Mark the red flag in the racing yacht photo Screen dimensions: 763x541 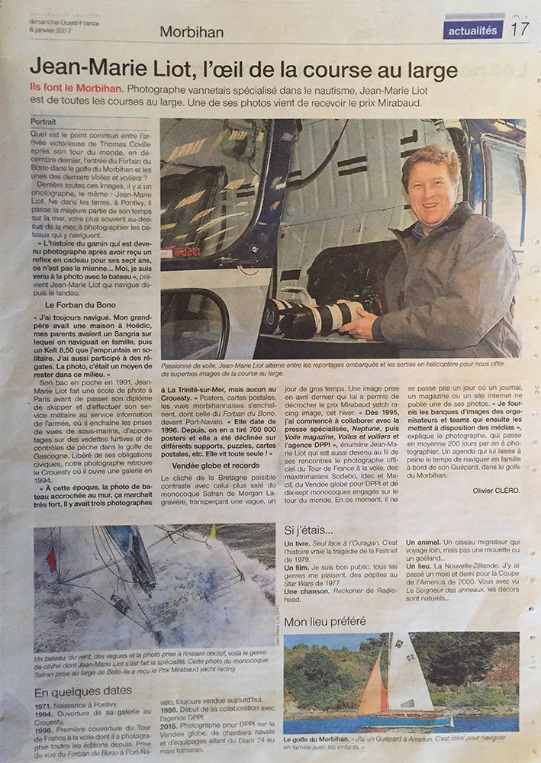[x=51, y=560]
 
